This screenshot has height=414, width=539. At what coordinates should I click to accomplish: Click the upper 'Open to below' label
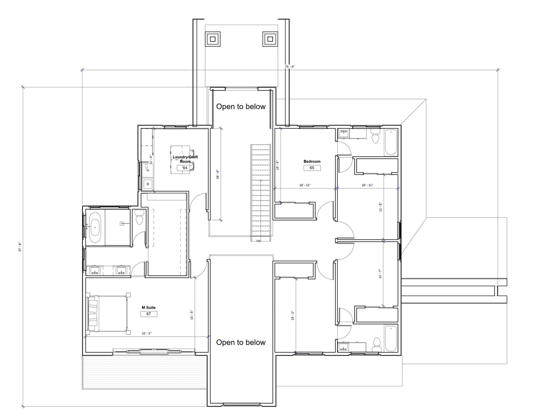(241, 107)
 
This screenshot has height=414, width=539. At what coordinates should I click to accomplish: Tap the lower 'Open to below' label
(241, 343)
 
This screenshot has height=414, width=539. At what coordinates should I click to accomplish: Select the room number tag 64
(185, 168)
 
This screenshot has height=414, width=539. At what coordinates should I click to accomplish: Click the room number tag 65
(312, 168)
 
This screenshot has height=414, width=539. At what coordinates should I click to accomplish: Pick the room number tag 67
(148, 314)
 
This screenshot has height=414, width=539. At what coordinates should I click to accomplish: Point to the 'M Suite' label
(148, 308)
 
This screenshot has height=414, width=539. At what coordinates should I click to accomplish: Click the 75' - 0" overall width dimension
(290, 67)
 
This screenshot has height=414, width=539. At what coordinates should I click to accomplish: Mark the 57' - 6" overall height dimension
(21, 246)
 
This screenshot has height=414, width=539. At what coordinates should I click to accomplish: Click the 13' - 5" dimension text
(192, 315)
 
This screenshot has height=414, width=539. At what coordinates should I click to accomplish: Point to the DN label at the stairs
(258, 241)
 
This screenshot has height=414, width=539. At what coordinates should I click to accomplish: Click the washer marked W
(147, 183)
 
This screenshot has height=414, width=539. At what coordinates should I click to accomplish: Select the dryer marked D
(147, 170)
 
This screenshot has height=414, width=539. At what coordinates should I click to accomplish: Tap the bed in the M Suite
(107, 313)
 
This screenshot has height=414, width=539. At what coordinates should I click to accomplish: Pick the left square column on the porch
(213, 38)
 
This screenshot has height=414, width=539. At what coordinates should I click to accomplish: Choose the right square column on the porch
(270, 38)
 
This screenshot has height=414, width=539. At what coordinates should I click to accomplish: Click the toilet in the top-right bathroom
(375, 137)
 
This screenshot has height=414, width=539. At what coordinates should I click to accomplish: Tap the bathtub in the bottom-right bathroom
(391, 339)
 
